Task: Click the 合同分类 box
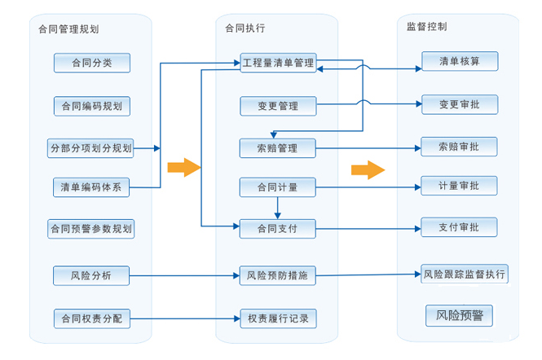(91, 63)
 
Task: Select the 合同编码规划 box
(91, 106)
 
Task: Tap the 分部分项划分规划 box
(90, 148)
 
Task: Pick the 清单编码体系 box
(91, 187)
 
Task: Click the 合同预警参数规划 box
(90, 228)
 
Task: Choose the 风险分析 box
(91, 276)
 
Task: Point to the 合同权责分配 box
(91, 318)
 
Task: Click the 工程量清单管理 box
(278, 63)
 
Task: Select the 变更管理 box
(278, 106)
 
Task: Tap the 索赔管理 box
(278, 148)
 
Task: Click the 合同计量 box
(278, 187)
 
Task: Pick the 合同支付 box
(278, 229)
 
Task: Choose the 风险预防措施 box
(278, 276)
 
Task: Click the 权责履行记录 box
(278, 318)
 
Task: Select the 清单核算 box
(459, 61)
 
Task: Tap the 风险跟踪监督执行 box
(465, 274)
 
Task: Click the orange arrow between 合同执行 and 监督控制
(368, 169)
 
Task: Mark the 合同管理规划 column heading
(68, 29)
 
